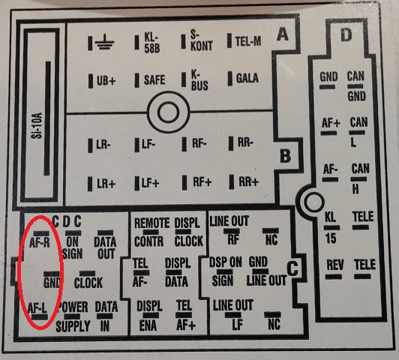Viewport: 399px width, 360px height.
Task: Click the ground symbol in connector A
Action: pyautogui.click(x=104, y=43)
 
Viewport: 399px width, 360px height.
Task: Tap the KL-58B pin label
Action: pyautogui.click(x=152, y=43)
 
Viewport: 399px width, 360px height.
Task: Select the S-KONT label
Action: pyautogui.click(x=201, y=41)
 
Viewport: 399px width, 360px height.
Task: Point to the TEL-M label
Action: pyautogui.click(x=248, y=41)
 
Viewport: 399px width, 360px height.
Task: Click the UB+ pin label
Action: pyautogui.click(x=106, y=81)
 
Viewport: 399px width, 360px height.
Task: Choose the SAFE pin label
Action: pyautogui.click(x=154, y=79)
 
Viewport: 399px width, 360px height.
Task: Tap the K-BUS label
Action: pyautogui.click(x=199, y=80)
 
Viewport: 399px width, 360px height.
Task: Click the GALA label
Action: pyautogui.click(x=247, y=78)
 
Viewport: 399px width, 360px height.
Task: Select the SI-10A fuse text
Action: pyautogui.click(x=37, y=126)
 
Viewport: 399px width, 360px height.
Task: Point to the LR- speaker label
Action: pyautogui.click(x=103, y=145)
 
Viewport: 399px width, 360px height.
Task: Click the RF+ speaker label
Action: pyautogui.click(x=202, y=182)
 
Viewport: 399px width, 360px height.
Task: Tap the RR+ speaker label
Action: pyautogui.click(x=248, y=181)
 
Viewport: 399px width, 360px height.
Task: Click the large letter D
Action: pyautogui.click(x=346, y=35)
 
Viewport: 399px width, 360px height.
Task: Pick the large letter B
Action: pyautogui.click(x=285, y=155)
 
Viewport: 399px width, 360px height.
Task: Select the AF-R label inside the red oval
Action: pyautogui.click(x=40, y=242)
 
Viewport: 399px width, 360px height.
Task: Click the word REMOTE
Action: pyautogui.click(x=152, y=223)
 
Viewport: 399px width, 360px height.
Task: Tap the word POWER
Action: pyautogui.click(x=73, y=307)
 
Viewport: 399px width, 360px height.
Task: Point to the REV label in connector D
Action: pyautogui.click(x=335, y=265)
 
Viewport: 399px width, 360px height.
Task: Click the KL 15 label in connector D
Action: pyautogui.click(x=331, y=228)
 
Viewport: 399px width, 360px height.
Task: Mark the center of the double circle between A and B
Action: pyautogui.click(x=168, y=112)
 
